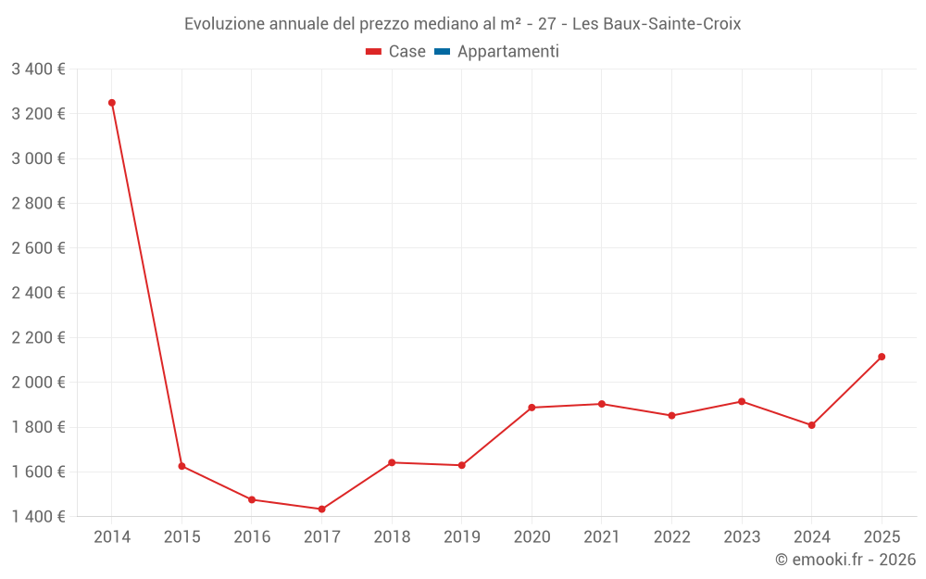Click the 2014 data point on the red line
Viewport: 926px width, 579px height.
(x=112, y=103)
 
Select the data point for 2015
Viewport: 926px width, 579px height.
(x=181, y=466)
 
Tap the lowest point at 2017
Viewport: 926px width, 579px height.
(x=321, y=509)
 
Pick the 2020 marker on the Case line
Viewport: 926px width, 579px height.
(x=532, y=408)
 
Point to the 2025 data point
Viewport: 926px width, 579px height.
(x=882, y=357)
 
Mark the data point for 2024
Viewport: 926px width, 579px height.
(x=811, y=425)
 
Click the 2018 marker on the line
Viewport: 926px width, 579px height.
(x=392, y=462)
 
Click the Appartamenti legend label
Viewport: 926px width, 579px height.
(x=507, y=52)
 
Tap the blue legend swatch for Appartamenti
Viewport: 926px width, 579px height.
(x=442, y=52)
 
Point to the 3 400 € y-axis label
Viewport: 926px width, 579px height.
(x=38, y=69)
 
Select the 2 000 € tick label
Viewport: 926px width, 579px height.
(x=38, y=382)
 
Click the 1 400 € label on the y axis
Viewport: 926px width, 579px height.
(x=38, y=516)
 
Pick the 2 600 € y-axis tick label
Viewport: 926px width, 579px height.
(x=38, y=247)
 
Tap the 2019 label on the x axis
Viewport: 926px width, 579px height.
(x=462, y=536)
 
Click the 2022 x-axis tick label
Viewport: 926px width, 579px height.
(x=671, y=536)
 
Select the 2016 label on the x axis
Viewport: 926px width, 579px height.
(x=252, y=536)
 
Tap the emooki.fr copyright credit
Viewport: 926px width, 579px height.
(x=845, y=560)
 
